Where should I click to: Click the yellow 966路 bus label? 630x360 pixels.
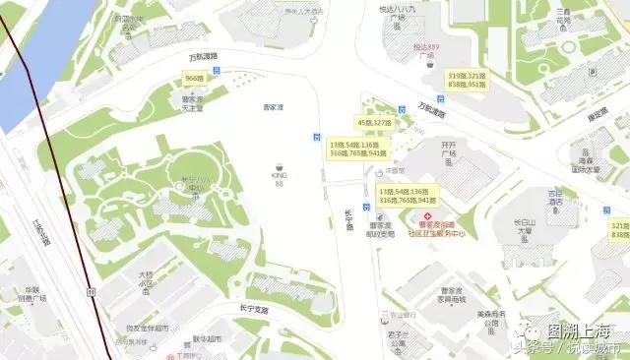195,78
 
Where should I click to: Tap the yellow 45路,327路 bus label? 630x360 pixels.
374,123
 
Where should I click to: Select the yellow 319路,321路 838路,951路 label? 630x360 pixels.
467,81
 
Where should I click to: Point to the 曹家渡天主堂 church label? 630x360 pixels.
192,103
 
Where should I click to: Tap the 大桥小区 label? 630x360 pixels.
146,279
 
